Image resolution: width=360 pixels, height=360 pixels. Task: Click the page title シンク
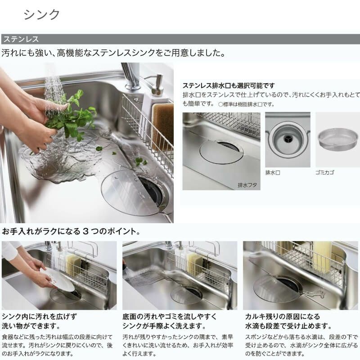[41, 14]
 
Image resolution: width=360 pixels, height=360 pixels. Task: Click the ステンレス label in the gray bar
[21, 39]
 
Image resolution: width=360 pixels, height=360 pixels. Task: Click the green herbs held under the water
[72, 115]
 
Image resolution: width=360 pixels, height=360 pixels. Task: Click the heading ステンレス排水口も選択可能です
[228, 85]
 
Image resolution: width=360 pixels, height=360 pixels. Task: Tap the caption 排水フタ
[247, 184]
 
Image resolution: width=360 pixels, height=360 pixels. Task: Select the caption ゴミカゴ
[325, 172]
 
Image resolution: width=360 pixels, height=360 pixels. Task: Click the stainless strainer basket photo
[337, 139]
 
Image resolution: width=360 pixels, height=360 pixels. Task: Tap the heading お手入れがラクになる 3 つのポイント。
[71, 232]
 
